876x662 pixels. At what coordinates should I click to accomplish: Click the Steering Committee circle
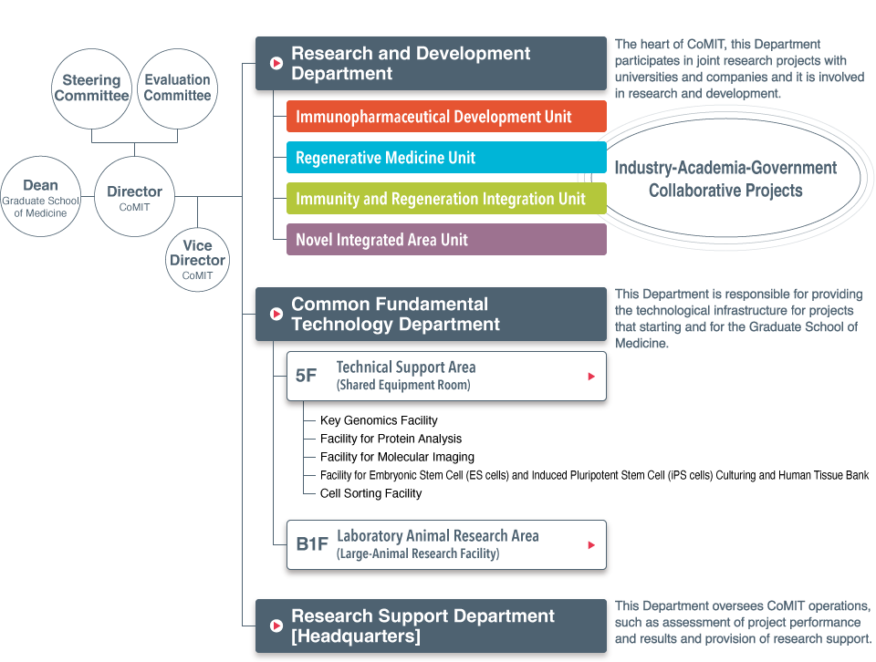(x=91, y=88)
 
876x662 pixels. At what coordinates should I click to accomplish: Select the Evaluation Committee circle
(x=177, y=88)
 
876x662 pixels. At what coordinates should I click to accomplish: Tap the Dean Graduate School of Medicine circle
(x=40, y=197)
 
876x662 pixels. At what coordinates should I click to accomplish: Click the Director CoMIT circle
(x=134, y=197)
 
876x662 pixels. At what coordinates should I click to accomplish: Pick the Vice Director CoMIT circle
(x=197, y=259)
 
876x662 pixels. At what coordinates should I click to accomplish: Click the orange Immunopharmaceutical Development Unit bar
(x=446, y=117)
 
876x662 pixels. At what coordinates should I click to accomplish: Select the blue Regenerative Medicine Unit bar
(x=446, y=158)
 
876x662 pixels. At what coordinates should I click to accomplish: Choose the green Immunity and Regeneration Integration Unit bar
(x=446, y=199)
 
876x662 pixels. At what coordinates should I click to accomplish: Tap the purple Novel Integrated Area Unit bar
(x=446, y=240)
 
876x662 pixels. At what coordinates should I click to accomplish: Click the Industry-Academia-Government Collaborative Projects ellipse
(x=725, y=179)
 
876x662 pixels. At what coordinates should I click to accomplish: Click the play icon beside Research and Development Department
(x=276, y=64)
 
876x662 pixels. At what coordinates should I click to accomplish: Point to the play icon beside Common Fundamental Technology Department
(x=276, y=315)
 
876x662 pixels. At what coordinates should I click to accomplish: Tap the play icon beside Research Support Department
(x=276, y=626)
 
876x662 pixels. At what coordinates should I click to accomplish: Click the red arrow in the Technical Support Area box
(x=591, y=376)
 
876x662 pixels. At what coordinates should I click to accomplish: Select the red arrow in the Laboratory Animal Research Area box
(x=591, y=544)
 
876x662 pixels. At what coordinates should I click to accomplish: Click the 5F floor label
(x=307, y=376)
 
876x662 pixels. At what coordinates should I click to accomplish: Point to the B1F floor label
(x=312, y=544)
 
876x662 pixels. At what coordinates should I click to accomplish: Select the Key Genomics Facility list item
(x=379, y=420)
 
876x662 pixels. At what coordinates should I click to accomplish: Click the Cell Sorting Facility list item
(x=370, y=493)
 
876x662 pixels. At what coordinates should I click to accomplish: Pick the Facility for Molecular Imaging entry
(x=397, y=457)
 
